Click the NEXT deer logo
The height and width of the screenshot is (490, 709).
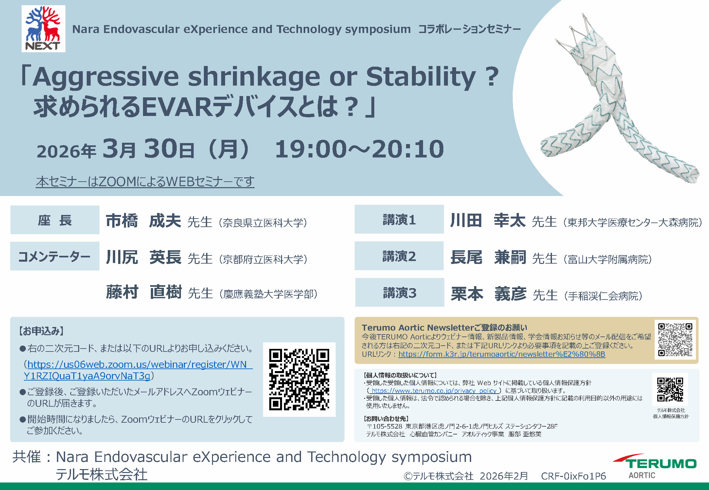(x=44, y=29)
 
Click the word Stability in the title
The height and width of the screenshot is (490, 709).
(x=421, y=77)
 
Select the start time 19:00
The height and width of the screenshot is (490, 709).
(x=310, y=149)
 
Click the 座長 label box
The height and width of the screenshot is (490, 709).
(x=55, y=220)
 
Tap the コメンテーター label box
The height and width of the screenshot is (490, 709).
(x=55, y=256)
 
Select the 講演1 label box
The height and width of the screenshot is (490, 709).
(x=399, y=220)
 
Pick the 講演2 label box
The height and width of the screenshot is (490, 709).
(x=399, y=256)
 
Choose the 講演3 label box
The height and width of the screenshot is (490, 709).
(x=399, y=292)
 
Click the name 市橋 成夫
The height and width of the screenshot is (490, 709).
(x=143, y=221)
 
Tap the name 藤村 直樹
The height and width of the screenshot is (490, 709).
(x=144, y=292)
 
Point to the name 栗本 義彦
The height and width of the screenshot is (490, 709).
(x=488, y=294)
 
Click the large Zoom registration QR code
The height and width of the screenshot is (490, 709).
(x=299, y=379)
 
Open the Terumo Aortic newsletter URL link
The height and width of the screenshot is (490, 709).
(x=502, y=354)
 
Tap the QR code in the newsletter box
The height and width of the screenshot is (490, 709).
(x=675, y=340)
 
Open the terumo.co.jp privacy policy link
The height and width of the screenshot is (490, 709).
(x=434, y=391)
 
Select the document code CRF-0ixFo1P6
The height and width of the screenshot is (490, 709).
(x=574, y=476)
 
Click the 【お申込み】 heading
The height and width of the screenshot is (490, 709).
(x=41, y=331)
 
